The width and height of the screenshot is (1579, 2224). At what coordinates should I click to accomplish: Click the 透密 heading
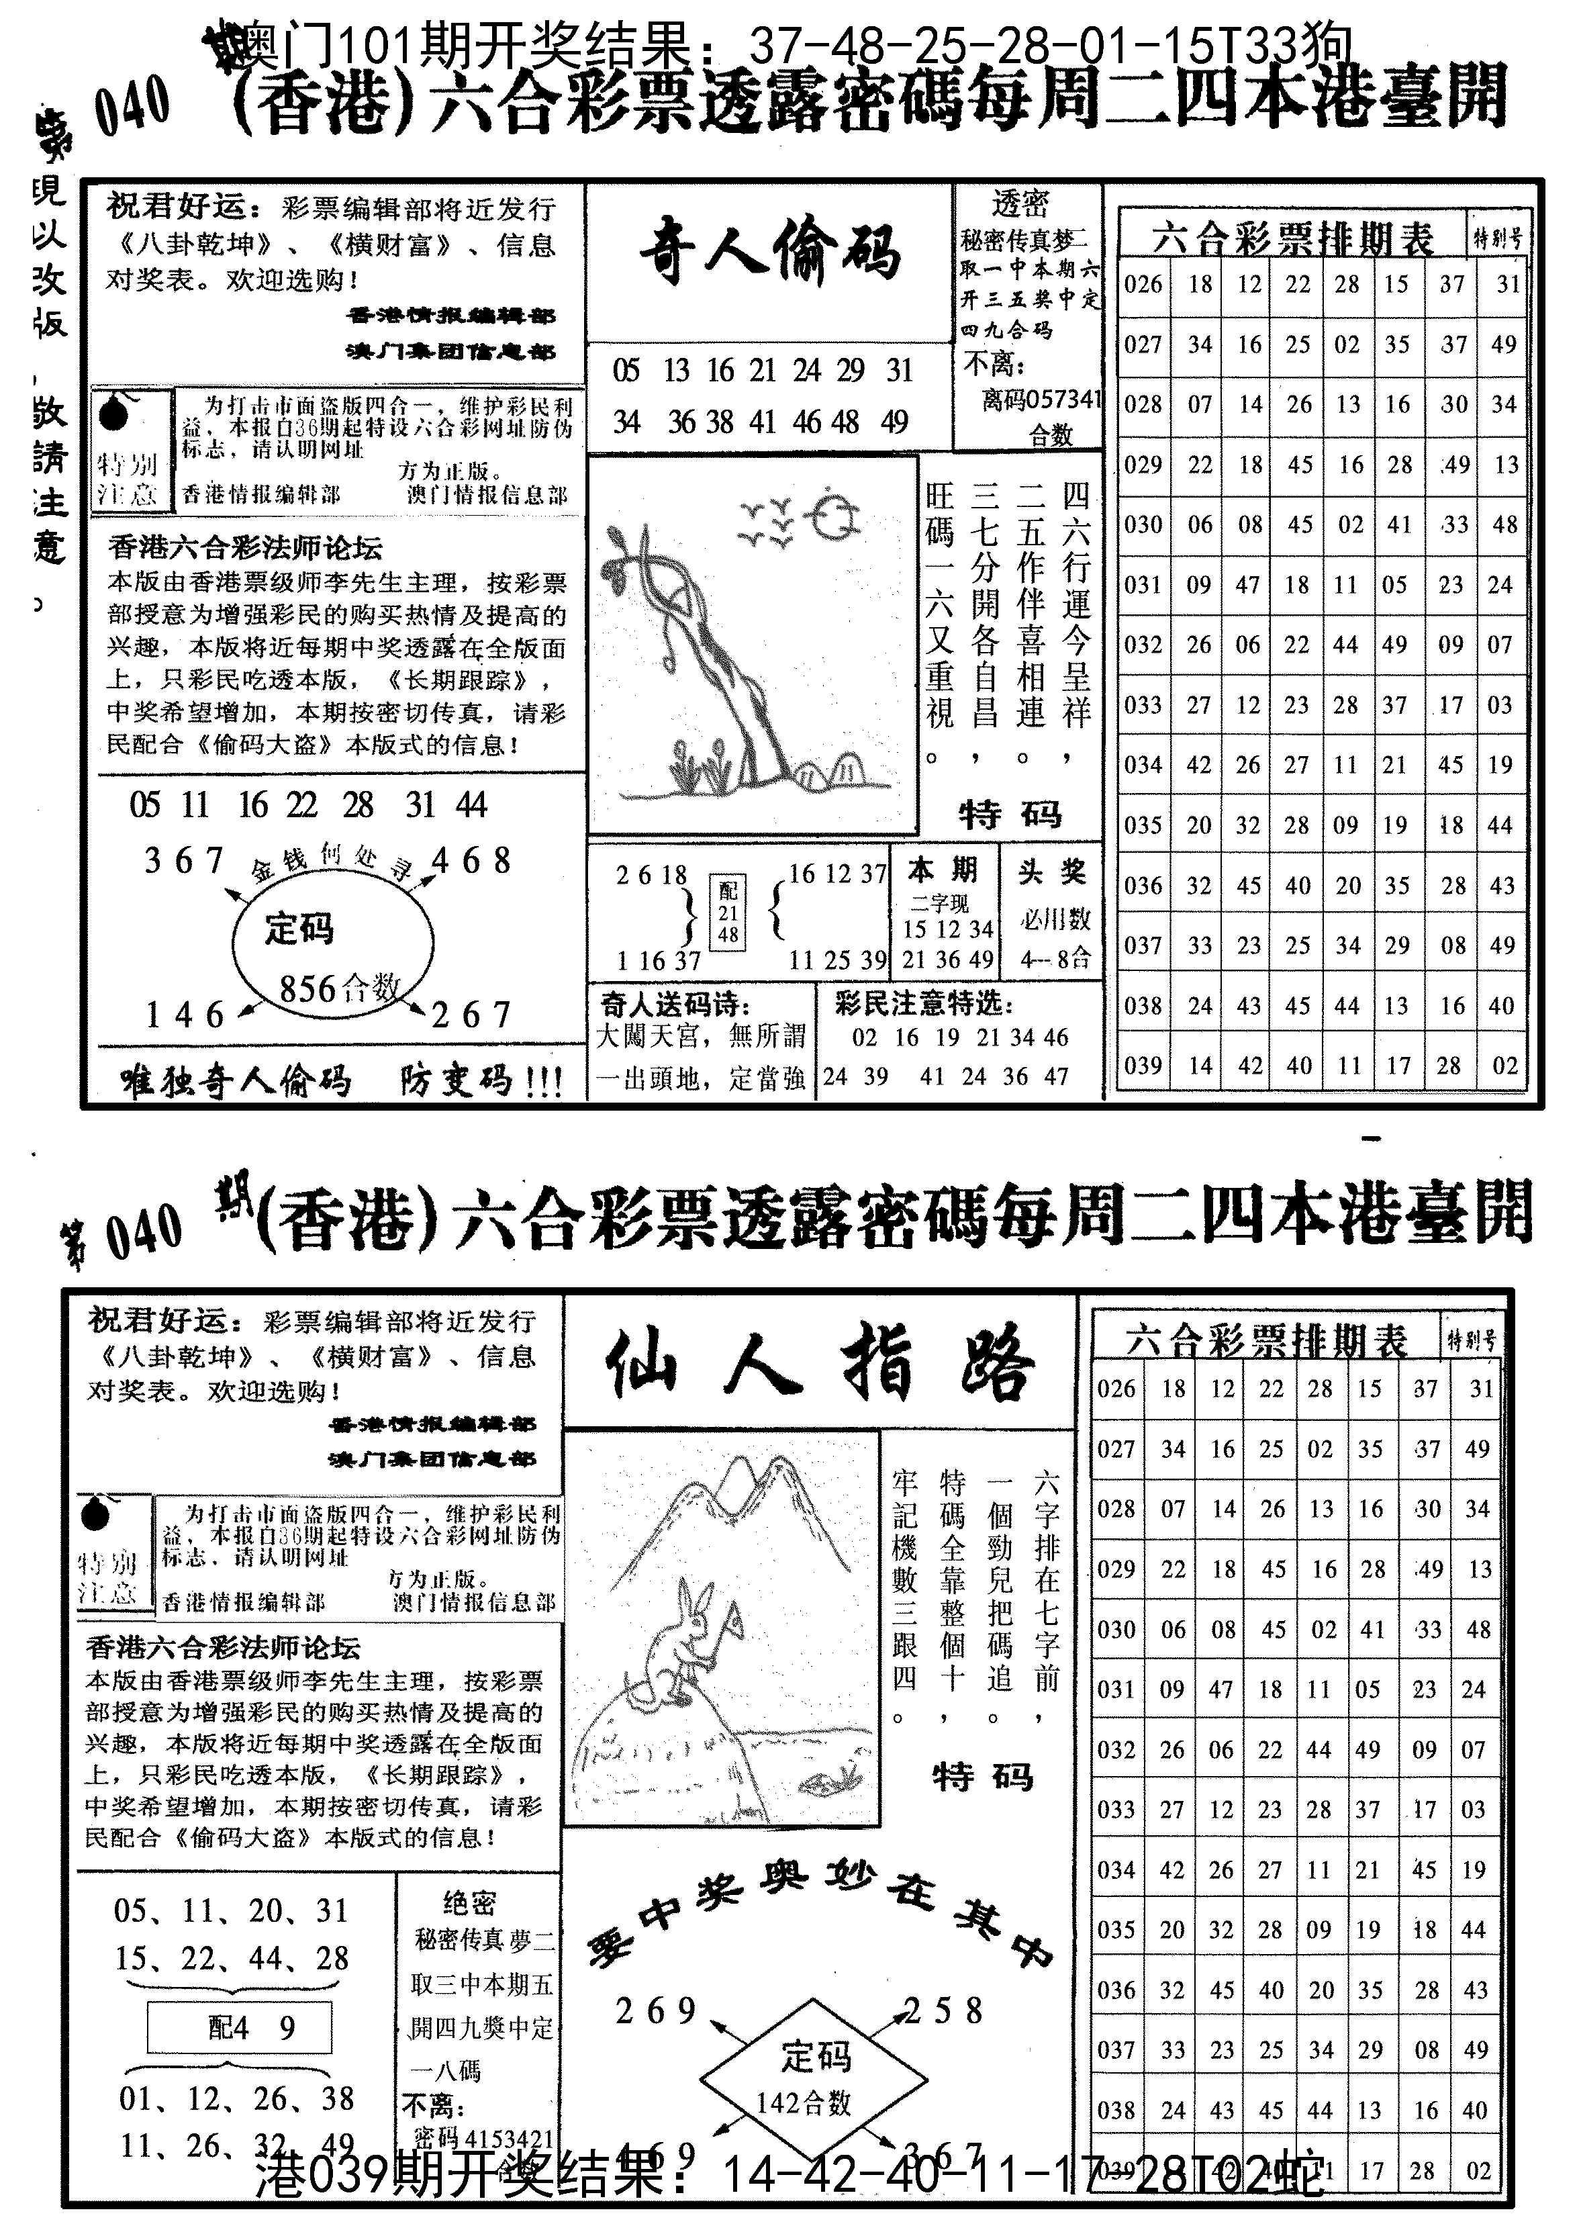pyautogui.click(x=1020, y=203)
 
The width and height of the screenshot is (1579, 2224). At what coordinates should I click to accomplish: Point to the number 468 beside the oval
pyautogui.click(x=471, y=861)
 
